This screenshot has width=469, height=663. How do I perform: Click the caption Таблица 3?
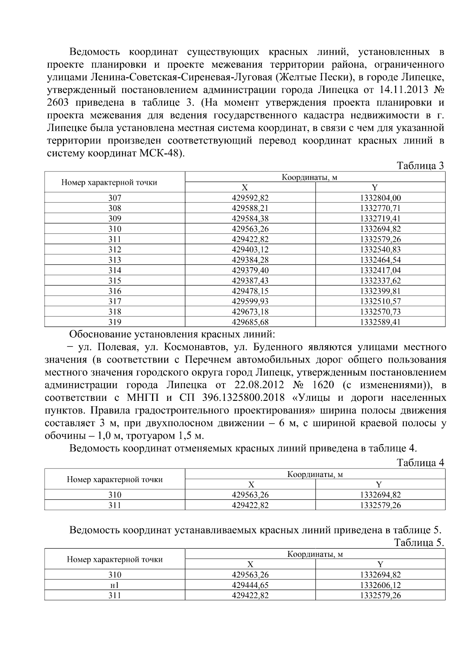coord(420,166)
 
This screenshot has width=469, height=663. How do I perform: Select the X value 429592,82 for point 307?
coord(250,198)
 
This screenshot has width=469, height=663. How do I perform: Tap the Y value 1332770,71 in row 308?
coord(380,208)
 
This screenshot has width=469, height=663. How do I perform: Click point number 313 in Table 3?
coord(115,260)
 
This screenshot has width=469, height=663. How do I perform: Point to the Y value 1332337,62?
coord(380,281)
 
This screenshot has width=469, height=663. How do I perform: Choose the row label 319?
coord(115,322)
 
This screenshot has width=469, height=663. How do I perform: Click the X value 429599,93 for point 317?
coord(250,302)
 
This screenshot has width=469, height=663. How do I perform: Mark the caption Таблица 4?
coord(420,463)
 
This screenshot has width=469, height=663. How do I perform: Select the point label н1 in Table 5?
coord(115,585)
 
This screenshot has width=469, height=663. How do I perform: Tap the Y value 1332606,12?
coord(380,585)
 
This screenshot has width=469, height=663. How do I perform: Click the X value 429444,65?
coord(250,585)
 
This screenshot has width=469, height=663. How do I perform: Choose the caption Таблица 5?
coord(419,543)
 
